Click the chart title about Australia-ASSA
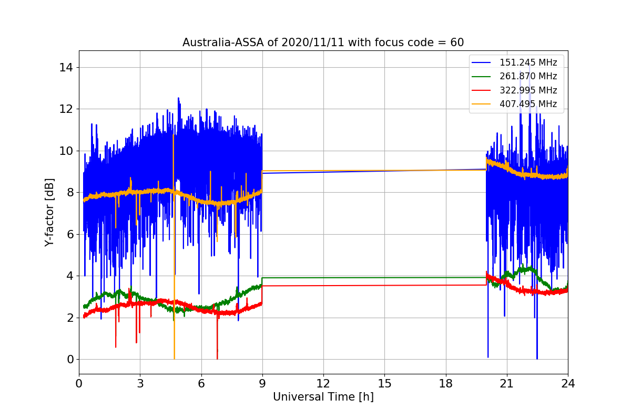(323, 43)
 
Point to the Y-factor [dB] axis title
(49, 213)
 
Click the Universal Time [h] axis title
(323, 397)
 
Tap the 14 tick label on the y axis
(66, 68)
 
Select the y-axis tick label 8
(70, 193)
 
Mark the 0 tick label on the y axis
(70, 360)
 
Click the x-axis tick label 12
(323, 384)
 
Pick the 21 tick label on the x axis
(507, 384)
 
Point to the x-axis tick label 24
(568, 384)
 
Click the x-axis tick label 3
(140, 384)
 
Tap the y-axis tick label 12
(66, 109)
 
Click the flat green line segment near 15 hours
(374, 278)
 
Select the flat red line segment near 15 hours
(374, 286)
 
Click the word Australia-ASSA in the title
(223, 43)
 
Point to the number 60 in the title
(457, 43)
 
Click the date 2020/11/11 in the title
(313, 43)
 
